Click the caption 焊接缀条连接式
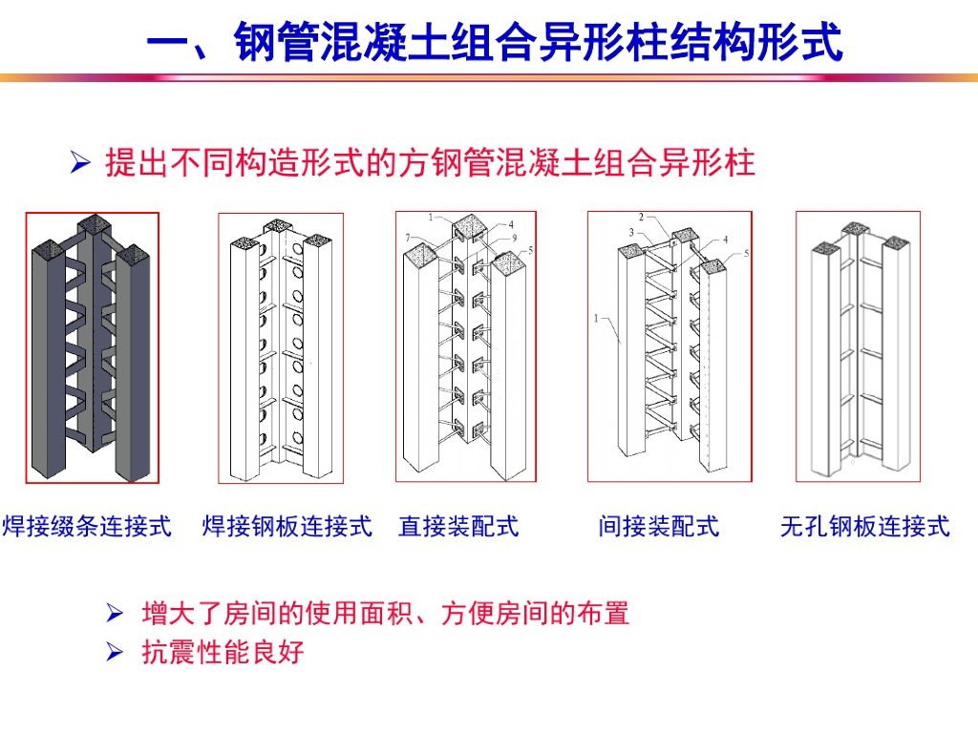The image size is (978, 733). pyautogui.click(x=87, y=527)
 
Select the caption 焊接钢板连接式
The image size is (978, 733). pyautogui.click(x=287, y=527)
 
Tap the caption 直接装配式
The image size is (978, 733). pyautogui.click(x=458, y=527)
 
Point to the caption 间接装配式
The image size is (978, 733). pyautogui.click(x=659, y=527)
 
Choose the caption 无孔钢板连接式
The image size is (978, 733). pyautogui.click(x=865, y=527)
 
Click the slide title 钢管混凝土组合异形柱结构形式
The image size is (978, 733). pyautogui.click(x=539, y=42)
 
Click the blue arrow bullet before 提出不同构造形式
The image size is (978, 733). pyautogui.click(x=80, y=162)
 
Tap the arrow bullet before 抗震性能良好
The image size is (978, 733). pyautogui.click(x=115, y=652)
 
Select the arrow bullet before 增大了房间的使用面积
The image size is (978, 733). pyautogui.click(x=115, y=614)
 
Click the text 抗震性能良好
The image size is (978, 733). pyautogui.click(x=223, y=652)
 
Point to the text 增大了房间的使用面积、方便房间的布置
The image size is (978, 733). pyautogui.click(x=386, y=614)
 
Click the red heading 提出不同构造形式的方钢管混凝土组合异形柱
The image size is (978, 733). pyautogui.click(x=431, y=162)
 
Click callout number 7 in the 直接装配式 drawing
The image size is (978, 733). pyautogui.click(x=408, y=238)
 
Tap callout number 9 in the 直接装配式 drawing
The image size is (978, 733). pyautogui.click(x=515, y=238)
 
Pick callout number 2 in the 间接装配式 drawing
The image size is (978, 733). pyautogui.click(x=641, y=217)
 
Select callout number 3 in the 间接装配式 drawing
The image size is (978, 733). pyautogui.click(x=631, y=233)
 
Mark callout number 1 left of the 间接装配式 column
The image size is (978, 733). pyautogui.click(x=596, y=319)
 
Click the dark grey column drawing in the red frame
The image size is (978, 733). pyautogui.click(x=93, y=347)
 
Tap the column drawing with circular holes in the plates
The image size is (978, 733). pyautogui.click(x=281, y=348)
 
